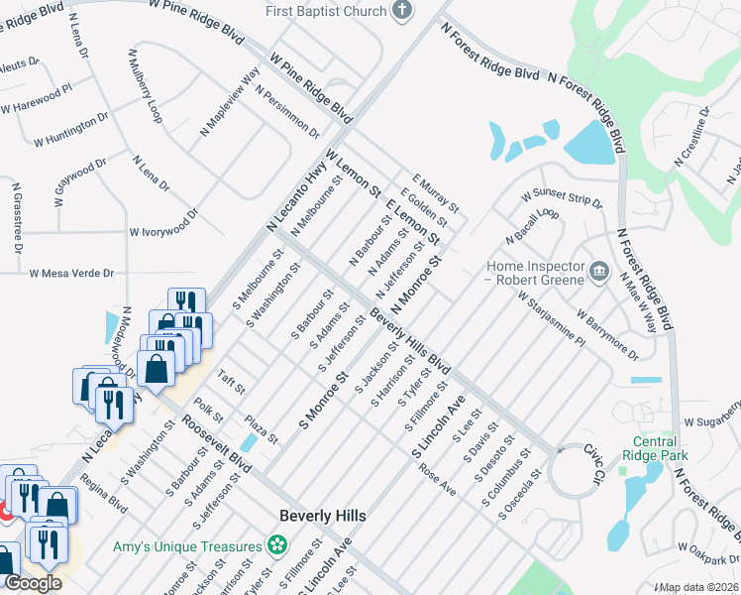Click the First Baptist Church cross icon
coord(402,11)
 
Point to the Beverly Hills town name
coord(323,516)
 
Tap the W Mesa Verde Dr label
coord(71,273)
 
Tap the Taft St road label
coord(230,382)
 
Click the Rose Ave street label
coord(436,481)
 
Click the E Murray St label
coord(436,192)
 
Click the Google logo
coord(32,583)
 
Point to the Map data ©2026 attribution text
coord(699,587)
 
